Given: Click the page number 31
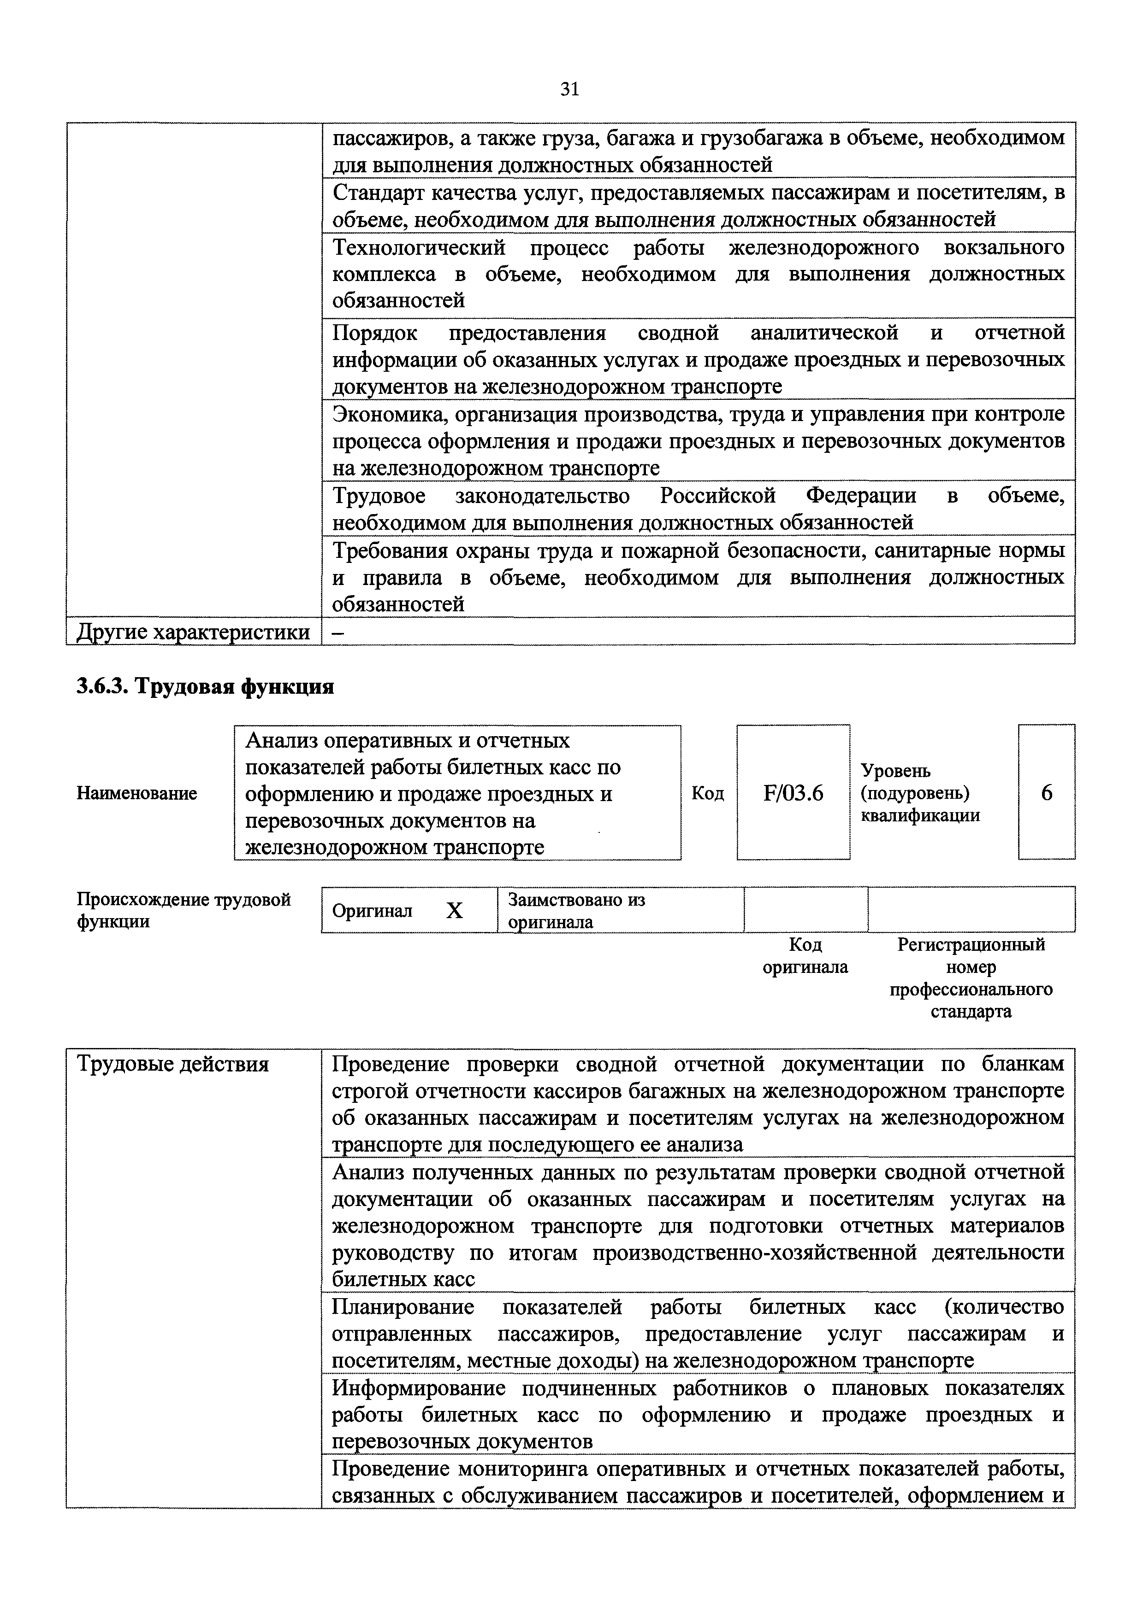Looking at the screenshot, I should pos(570,89).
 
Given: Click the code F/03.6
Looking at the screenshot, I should pos(793,793).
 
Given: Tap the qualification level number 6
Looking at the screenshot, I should pos(1047,793).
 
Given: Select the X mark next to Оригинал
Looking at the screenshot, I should pos(455,911).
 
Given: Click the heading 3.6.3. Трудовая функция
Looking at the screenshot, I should pos(205,686).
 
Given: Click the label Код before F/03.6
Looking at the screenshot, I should pos(707,793).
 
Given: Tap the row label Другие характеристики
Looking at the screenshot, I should pos(193,632).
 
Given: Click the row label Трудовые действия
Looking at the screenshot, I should pos(172,1064).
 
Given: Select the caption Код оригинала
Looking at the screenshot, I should pos(805,956).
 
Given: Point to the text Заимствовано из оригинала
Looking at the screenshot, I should pos(576,911).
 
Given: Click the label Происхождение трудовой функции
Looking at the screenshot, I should pos(183,911).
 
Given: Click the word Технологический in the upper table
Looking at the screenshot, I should pos(419,248).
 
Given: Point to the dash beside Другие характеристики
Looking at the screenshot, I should pos(338,632).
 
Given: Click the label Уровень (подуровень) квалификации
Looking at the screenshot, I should pos(920,793).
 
